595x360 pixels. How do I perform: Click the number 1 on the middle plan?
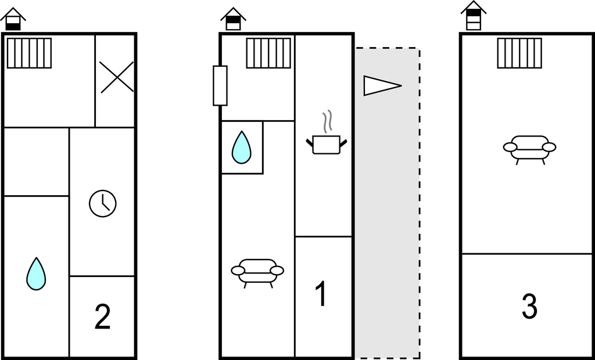320,294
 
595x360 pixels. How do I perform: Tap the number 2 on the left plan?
102,317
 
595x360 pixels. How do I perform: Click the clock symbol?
103,204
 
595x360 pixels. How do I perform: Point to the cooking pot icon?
326,144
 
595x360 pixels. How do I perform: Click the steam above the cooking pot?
328,121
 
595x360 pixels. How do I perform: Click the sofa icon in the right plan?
529,148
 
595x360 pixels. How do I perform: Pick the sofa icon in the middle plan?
257,272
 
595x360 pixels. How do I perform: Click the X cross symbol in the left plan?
117,77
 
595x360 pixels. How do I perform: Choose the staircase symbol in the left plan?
29,53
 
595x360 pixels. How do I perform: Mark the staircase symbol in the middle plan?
268,53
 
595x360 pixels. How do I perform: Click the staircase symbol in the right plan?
519,53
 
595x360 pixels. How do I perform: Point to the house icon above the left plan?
13,19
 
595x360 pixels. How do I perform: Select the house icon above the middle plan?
233,19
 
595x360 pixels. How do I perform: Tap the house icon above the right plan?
474,16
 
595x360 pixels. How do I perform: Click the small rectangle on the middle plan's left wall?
220,85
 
